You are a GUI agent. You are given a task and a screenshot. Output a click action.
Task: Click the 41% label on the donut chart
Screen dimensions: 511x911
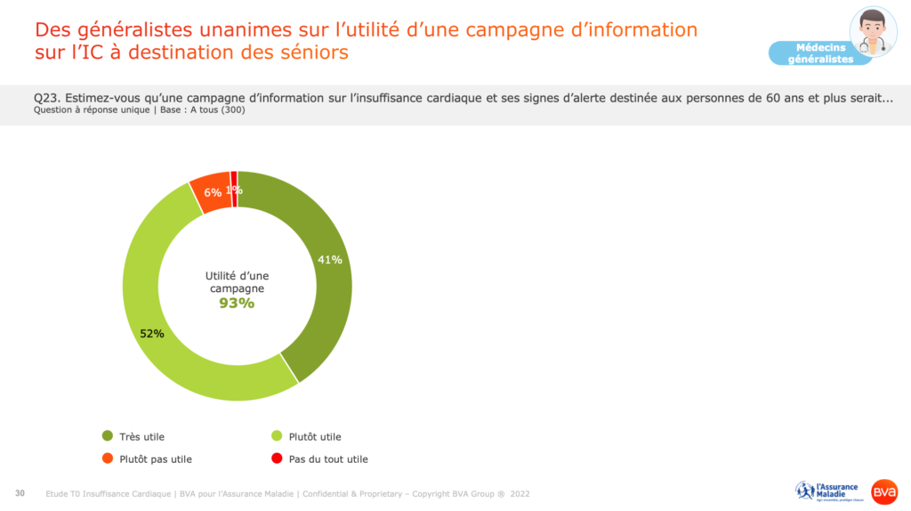click(x=330, y=260)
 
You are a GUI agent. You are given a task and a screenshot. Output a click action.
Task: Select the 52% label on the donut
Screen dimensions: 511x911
click(x=152, y=334)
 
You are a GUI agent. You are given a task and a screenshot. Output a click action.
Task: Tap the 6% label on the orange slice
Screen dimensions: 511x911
click(x=213, y=192)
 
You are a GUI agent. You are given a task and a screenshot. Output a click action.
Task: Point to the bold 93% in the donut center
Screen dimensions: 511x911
click(x=237, y=303)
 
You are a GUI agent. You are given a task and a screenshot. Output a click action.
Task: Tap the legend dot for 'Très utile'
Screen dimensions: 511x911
click(x=108, y=436)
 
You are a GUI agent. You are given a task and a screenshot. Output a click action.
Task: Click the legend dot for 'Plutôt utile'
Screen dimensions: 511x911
click(x=277, y=436)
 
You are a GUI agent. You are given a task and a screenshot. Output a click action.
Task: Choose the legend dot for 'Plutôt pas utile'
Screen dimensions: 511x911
click(x=108, y=459)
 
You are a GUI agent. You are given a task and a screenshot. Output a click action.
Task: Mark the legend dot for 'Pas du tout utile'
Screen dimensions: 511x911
click(x=277, y=459)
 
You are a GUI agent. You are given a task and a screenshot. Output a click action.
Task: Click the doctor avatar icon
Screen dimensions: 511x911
click(x=873, y=32)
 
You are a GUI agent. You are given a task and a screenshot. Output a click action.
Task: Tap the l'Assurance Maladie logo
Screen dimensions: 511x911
click(x=826, y=491)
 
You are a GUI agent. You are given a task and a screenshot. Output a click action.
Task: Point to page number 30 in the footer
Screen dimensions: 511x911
click(x=20, y=493)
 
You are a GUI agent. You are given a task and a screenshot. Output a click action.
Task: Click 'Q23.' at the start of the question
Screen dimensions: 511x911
click(x=46, y=98)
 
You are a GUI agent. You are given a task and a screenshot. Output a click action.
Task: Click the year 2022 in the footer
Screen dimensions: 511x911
click(x=520, y=494)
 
